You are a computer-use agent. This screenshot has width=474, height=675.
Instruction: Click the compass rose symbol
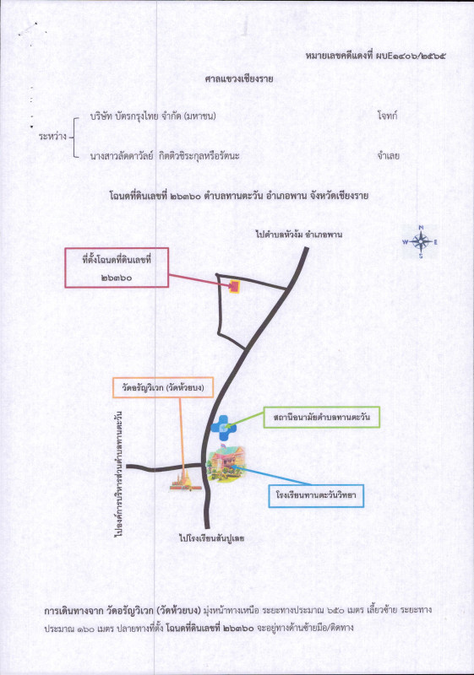(x=421, y=242)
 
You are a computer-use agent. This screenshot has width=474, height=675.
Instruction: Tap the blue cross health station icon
(x=222, y=427)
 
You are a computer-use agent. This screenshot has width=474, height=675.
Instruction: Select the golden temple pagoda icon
(x=186, y=482)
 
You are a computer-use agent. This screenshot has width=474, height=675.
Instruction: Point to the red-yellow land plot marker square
(x=234, y=287)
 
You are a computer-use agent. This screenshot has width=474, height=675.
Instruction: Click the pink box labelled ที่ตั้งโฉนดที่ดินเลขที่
(x=117, y=267)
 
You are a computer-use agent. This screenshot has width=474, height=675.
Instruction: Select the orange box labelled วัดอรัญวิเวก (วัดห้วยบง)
(x=163, y=388)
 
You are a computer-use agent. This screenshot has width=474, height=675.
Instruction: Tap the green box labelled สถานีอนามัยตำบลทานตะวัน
(x=321, y=417)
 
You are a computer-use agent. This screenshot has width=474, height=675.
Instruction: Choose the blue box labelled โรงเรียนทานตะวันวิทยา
(x=316, y=495)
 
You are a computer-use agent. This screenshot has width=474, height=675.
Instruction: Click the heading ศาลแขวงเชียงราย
(x=239, y=78)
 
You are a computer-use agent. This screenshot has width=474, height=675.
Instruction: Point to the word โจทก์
(x=387, y=116)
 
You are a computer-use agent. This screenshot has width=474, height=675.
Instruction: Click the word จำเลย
(x=389, y=155)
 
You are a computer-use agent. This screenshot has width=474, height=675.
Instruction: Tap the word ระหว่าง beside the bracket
(x=52, y=137)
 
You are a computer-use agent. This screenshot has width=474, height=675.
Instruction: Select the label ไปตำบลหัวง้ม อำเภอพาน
(x=298, y=235)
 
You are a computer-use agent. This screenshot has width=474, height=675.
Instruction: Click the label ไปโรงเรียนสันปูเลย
(x=212, y=538)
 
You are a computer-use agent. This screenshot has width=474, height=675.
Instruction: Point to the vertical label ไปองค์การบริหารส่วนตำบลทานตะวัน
(x=119, y=474)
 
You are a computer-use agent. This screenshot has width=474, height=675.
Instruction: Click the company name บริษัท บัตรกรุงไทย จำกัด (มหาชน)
(x=153, y=116)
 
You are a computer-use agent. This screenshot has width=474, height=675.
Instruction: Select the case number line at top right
(x=375, y=56)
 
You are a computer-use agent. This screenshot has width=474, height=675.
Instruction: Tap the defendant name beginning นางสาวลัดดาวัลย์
(x=165, y=156)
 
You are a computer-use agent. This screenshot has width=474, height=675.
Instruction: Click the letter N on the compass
(x=421, y=227)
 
